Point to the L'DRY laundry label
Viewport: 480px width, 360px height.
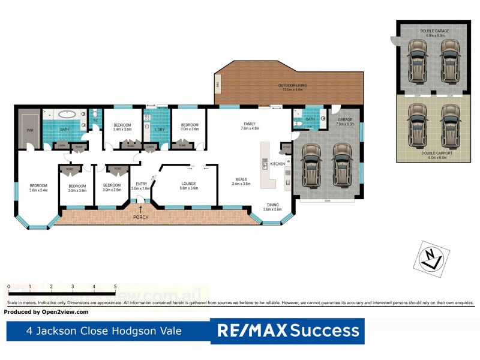pos(160,129)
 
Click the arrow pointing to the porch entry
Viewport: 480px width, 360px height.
pos(141,209)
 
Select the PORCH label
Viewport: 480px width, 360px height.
pos(141,217)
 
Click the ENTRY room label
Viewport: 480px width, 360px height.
pos(142,184)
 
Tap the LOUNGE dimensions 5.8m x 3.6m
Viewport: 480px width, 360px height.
pos(190,188)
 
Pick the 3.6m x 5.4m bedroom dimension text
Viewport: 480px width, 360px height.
pos(38,190)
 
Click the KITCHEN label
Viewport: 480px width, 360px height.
pos(277,164)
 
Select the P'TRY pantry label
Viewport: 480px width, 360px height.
pos(286,147)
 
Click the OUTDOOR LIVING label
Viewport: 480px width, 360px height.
pos(292,86)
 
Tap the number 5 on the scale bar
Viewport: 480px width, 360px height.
pos(115,287)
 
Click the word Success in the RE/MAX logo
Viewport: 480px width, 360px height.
pos(325,330)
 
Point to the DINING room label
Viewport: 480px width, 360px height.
pos(273,205)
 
